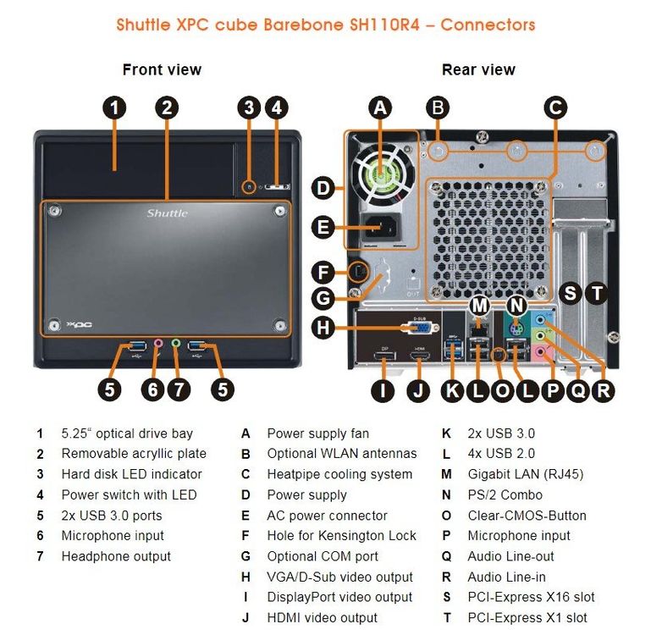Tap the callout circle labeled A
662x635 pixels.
(x=381, y=108)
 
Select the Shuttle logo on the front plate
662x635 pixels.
(x=167, y=213)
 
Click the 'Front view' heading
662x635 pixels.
(x=162, y=69)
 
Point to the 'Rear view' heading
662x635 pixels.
(x=478, y=69)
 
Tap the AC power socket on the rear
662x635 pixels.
(x=380, y=226)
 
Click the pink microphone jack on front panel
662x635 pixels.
(x=158, y=344)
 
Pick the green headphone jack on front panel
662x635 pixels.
(x=176, y=344)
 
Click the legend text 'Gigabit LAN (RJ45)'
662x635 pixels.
(x=525, y=474)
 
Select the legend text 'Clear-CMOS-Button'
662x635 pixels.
(x=527, y=515)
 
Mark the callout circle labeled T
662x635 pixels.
(x=597, y=293)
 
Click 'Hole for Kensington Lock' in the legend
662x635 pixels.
(x=341, y=536)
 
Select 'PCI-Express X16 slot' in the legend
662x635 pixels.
(x=531, y=597)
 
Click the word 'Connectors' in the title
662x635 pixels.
(x=488, y=24)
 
